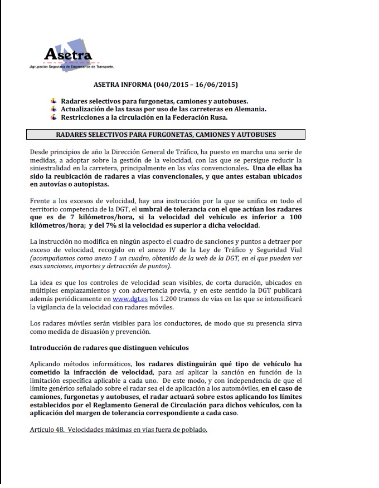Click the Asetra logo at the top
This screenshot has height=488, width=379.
point(68,55)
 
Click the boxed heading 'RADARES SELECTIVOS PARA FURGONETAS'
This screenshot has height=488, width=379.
point(166,135)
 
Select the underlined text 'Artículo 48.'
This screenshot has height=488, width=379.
point(46,430)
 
